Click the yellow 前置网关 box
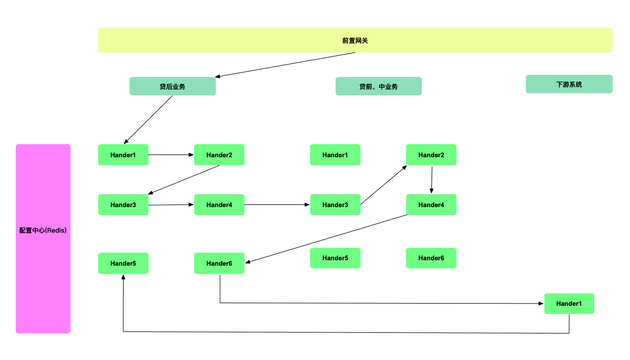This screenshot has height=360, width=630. tap(355, 40)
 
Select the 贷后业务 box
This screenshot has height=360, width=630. tap(172, 86)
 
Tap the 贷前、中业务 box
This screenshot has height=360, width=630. tap(378, 86)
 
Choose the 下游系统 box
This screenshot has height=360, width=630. tap(569, 84)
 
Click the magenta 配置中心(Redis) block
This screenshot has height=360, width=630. tap(43, 239)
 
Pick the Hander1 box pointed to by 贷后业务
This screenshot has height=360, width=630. tap(123, 155)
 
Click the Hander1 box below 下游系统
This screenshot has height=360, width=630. tap(569, 304)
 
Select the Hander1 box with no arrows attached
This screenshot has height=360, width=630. tap(335, 155)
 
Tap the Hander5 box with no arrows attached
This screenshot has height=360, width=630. tap(335, 258)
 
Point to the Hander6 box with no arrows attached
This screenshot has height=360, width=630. tap(431, 258)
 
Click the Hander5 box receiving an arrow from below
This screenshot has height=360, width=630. tap(123, 263)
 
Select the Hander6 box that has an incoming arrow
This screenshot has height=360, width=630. tap(219, 263)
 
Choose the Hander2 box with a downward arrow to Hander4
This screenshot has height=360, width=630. tap(431, 155)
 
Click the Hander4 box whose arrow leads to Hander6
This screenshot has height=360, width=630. tap(431, 204)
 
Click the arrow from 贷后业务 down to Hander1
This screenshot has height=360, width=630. tap(148, 120)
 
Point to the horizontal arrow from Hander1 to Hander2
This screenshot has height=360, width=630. tap(171, 155)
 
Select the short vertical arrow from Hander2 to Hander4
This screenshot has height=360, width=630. tap(432, 179)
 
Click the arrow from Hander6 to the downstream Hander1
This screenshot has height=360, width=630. tap(380, 304)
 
